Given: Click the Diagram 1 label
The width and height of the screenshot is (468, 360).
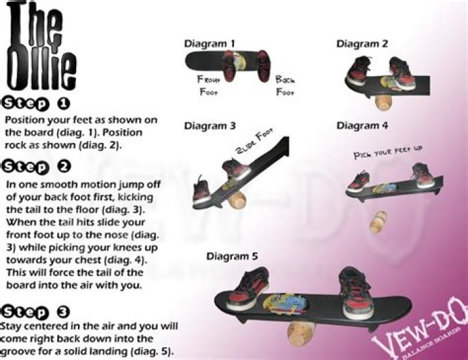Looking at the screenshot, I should (209, 44).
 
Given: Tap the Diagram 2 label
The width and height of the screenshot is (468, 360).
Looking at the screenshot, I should (362, 44).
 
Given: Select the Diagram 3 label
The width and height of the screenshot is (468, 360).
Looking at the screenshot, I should (209, 126).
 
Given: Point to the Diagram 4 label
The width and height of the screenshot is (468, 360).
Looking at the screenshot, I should (362, 125).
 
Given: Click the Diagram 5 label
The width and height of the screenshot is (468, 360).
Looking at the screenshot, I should (232, 256).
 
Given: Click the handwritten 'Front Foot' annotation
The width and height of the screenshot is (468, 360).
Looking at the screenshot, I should (212, 85).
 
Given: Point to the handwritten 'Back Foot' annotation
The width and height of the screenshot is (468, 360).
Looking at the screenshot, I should (285, 85).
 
